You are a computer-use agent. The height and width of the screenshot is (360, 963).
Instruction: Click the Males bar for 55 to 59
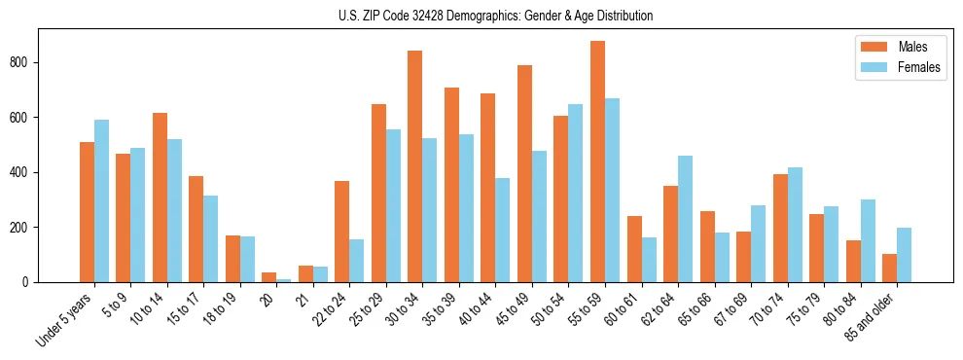pyautogui.click(x=597, y=162)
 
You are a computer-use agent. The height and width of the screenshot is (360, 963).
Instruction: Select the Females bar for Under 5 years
pyautogui.click(x=101, y=201)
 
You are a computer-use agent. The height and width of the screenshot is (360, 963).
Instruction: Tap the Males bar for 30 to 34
pyautogui.click(x=414, y=166)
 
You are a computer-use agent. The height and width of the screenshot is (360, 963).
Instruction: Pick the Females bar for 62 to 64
pyautogui.click(x=685, y=219)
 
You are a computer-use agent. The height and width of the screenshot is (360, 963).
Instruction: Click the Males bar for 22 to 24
pyautogui.click(x=341, y=232)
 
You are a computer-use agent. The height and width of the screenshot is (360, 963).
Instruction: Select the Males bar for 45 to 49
pyautogui.click(x=524, y=174)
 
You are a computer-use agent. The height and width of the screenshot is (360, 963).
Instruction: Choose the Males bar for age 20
pyautogui.click(x=268, y=277)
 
